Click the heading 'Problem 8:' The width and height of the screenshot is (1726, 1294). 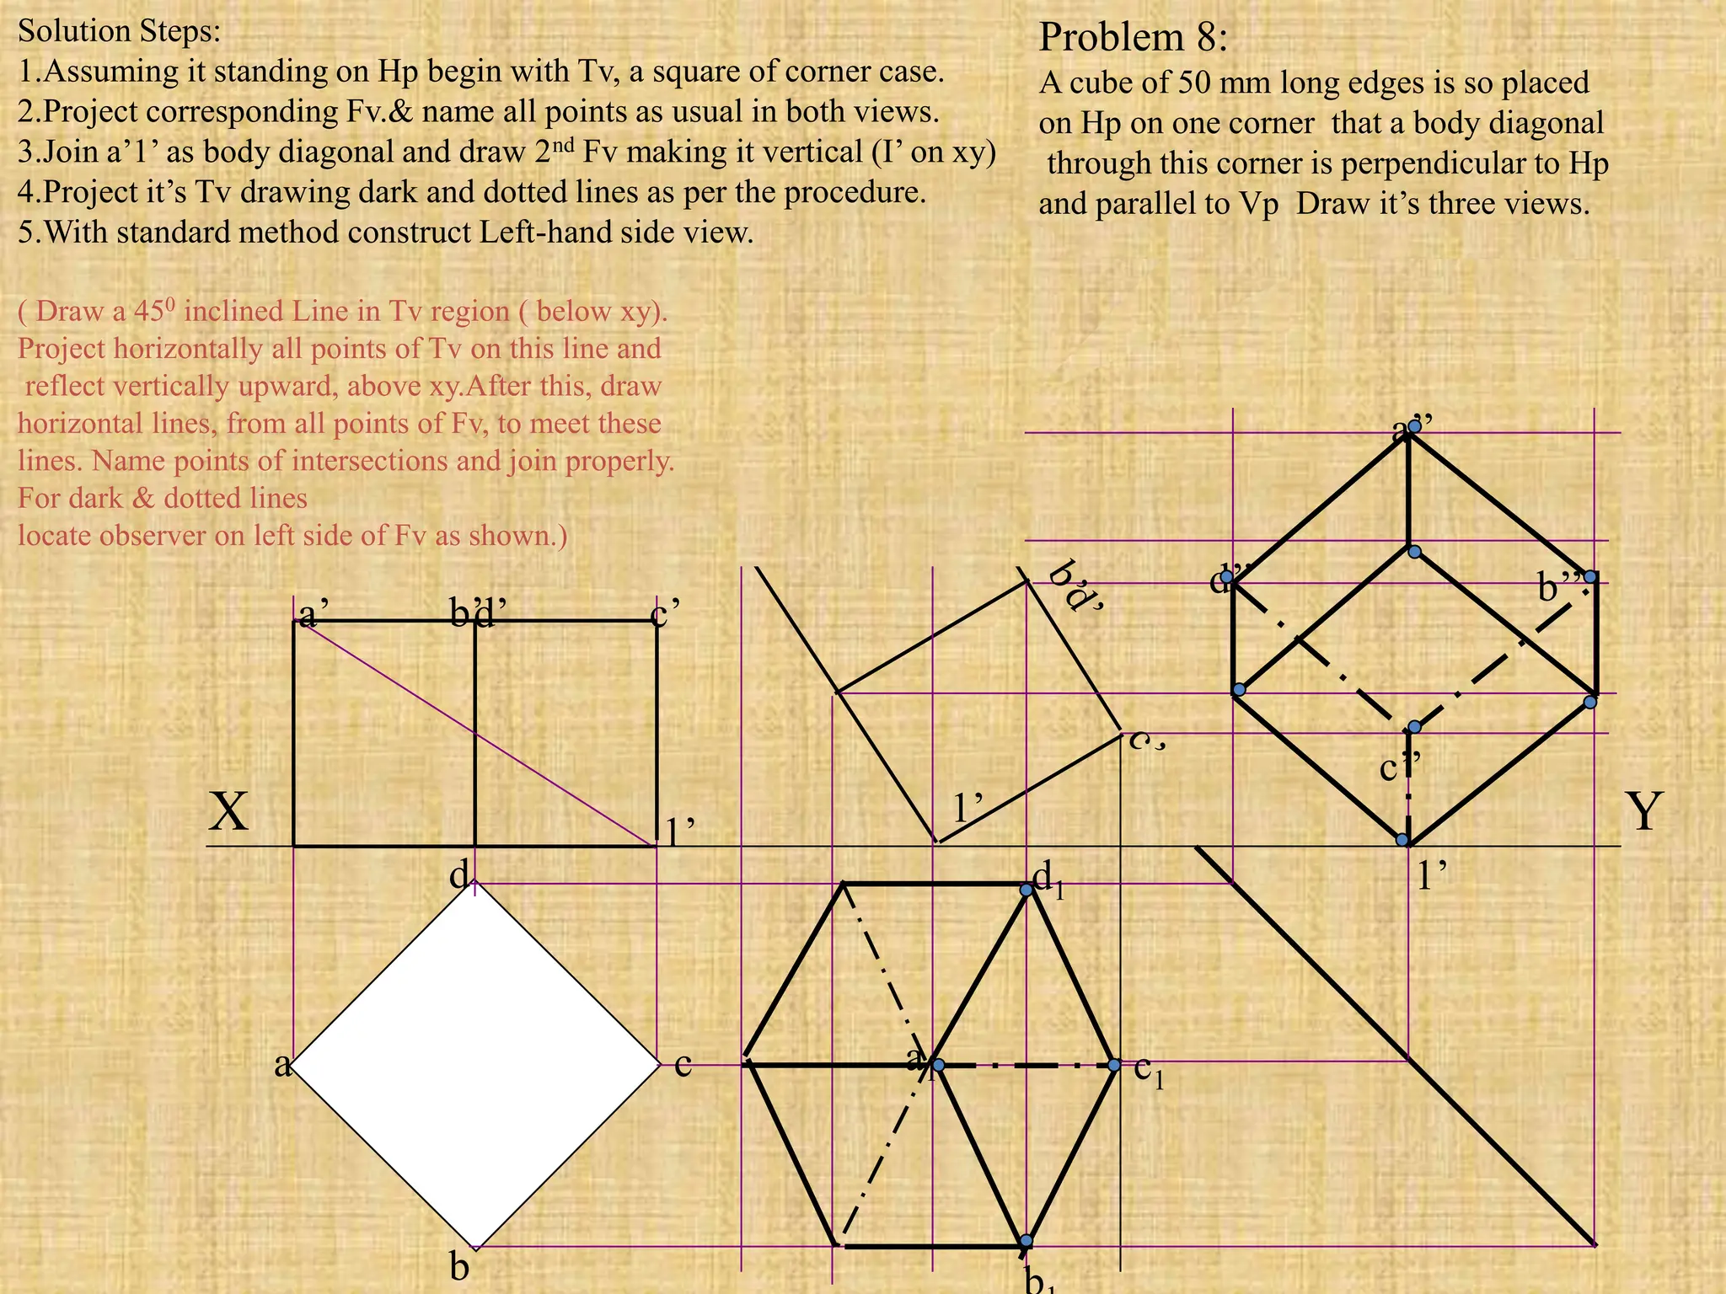click(1133, 38)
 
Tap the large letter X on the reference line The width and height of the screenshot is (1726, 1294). click(228, 813)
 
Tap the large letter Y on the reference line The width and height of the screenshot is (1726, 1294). click(1644, 813)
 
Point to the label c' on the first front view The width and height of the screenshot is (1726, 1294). click(666, 614)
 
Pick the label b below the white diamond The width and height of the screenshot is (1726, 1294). click(459, 1266)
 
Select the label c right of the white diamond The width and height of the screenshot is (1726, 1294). click(683, 1065)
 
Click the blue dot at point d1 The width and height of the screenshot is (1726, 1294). click(1026, 890)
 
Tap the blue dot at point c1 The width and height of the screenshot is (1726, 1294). click(1114, 1066)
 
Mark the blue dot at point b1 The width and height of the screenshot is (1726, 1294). click(1026, 1241)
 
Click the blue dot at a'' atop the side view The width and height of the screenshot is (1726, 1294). click(1415, 426)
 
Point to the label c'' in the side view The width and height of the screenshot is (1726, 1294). click(1400, 767)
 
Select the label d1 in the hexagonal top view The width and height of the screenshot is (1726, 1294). click(1048, 881)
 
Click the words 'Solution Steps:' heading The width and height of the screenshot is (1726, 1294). click(119, 31)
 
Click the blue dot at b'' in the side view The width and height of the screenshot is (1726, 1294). click(1589, 577)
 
